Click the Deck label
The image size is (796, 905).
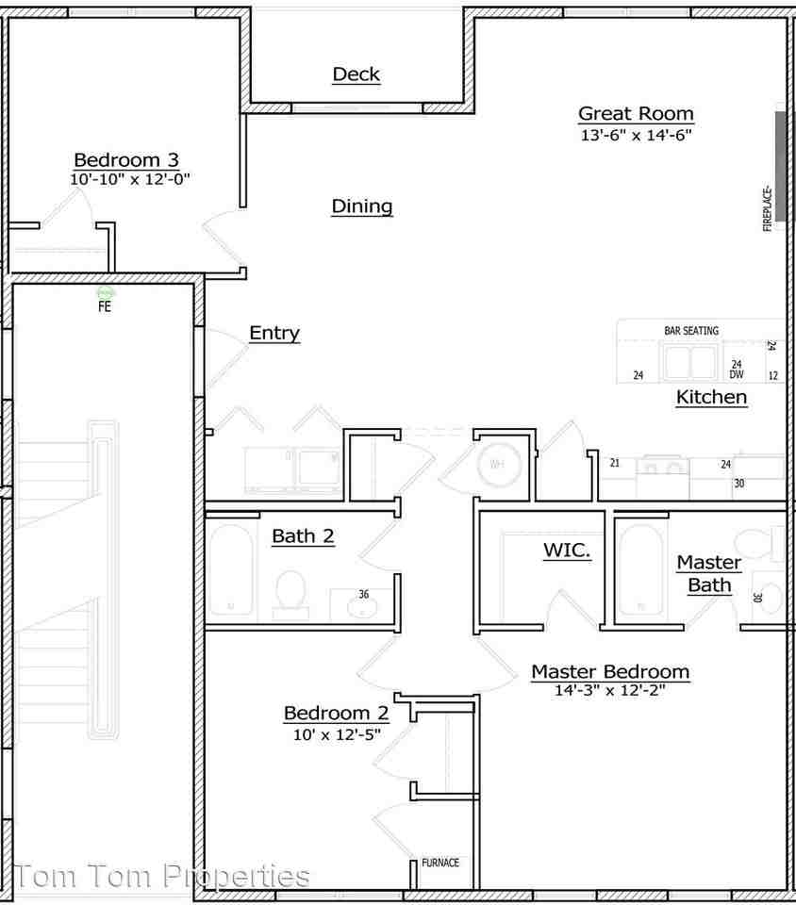(356, 74)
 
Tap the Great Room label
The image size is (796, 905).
(636, 114)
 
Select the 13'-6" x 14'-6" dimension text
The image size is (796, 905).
(636, 136)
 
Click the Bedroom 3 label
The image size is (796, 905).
(126, 159)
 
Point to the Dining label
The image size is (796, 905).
(362, 206)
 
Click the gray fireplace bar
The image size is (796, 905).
(780, 166)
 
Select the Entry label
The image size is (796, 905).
(274, 333)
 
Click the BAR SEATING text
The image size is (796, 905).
(691, 331)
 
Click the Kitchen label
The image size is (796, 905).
(711, 398)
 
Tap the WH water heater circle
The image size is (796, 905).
(495, 464)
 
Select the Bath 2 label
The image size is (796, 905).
(303, 536)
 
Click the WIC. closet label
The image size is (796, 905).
(567, 551)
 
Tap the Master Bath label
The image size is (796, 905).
(709, 573)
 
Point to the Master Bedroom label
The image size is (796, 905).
(610, 672)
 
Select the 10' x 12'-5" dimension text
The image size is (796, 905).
(337, 734)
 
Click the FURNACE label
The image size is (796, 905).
(439, 863)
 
